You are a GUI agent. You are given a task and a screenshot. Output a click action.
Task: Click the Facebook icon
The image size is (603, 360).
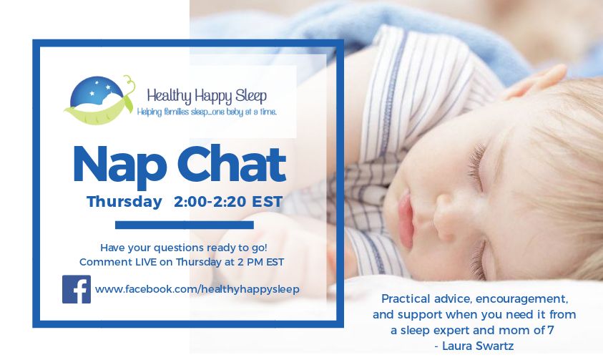pos(77,289)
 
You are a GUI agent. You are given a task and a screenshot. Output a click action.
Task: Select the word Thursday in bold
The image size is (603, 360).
pos(124,202)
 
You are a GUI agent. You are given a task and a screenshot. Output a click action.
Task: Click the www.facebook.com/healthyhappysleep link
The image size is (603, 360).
pos(197,289)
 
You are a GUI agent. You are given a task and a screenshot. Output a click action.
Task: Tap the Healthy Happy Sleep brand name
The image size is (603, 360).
pos(207,95)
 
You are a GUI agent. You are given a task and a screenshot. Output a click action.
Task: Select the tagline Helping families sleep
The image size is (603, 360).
pos(207,112)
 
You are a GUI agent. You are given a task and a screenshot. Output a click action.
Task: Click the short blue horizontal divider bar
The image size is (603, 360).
pos(184,225)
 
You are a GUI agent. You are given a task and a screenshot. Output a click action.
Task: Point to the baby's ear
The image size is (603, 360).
pos(533,85)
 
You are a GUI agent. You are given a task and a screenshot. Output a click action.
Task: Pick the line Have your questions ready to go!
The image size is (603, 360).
pos(184,246)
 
